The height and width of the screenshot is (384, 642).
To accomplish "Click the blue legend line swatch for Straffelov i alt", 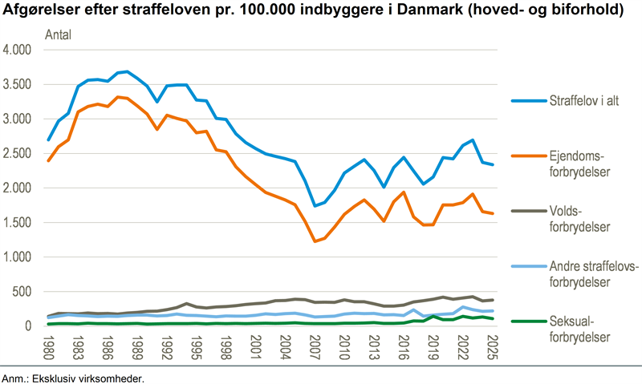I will [x=527, y=101].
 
